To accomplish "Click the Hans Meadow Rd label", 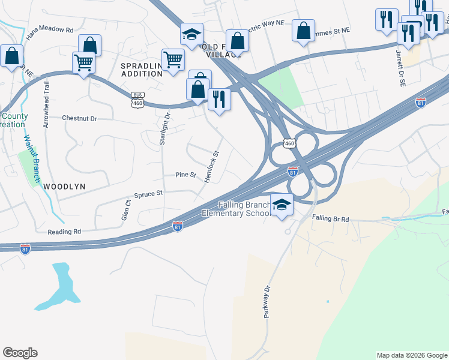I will tap(53, 29).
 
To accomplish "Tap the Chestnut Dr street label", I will tap(80, 119).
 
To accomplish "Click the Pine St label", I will tap(185, 175).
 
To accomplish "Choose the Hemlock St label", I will tap(211, 168).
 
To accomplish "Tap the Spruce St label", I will tap(148, 194).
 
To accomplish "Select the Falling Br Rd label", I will tap(330, 220).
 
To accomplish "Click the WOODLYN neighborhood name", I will tap(64, 187).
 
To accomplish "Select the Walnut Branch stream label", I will tap(32, 158).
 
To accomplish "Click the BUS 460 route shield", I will tap(137, 100).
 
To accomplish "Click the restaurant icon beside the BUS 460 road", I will tap(219, 99).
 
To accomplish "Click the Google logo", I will tap(20, 353).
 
